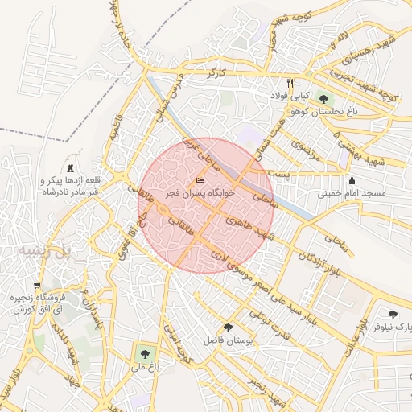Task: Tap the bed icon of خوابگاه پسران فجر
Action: click(x=200, y=180)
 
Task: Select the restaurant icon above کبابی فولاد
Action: click(x=290, y=83)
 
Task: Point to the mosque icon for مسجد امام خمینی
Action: click(x=351, y=180)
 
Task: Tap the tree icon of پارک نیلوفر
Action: click(x=393, y=315)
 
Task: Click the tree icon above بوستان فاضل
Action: click(x=229, y=328)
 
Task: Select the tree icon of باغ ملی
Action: click(x=144, y=352)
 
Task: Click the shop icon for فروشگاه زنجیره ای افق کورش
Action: click(x=37, y=286)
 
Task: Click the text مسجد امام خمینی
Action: click(x=352, y=194)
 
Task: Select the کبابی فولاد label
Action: click(x=290, y=95)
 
